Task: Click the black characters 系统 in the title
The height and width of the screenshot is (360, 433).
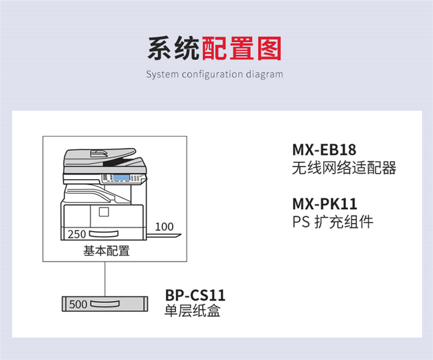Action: pos(174,49)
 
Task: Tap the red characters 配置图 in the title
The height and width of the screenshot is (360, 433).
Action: pos(242,49)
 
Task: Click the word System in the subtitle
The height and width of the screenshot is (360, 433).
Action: pos(162,75)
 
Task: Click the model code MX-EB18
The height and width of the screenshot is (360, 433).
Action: pos(324,150)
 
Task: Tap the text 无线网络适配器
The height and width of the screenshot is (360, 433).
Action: pos(344,168)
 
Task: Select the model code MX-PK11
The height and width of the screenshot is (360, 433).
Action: pos(324,204)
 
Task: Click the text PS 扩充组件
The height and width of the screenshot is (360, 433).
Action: pos(333,222)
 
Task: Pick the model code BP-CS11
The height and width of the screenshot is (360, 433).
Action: pos(195,295)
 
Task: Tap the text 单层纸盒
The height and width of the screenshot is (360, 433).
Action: pos(192,310)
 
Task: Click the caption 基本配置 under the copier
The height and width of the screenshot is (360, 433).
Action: pos(107,251)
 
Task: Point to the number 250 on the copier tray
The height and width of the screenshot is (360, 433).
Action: pos(77,234)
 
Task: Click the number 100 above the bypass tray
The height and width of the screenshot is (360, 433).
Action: pos(165,227)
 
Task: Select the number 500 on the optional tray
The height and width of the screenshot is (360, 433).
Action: pos(78,304)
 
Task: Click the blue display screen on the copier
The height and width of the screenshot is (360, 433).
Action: pos(121,177)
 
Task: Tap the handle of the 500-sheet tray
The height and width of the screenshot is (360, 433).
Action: pos(105,304)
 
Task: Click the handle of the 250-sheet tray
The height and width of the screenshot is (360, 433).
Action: pos(103,234)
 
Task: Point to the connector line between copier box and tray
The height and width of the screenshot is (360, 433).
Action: pos(105,279)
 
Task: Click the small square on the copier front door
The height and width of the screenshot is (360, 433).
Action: pos(104,212)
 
